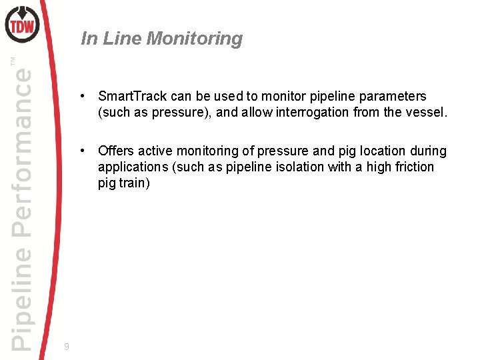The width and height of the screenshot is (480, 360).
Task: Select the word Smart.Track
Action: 130,96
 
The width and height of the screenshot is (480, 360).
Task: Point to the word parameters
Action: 394,96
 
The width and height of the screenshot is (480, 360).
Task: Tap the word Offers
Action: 116,151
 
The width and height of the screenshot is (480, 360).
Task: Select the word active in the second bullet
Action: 155,151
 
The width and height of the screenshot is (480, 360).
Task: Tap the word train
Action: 134,183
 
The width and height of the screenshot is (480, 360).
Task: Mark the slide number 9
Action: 66,347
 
